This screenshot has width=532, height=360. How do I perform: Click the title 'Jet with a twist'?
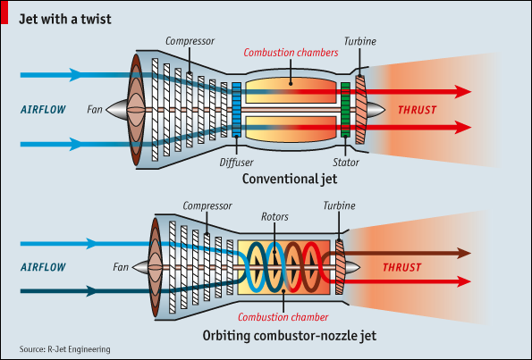click(64, 19)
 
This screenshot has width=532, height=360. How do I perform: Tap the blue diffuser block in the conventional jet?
click(236, 110)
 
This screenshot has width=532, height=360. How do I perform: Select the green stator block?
click(345, 110)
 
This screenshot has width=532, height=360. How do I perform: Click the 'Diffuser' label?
click(236, 163)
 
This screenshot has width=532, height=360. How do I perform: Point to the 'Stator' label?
click(345, 163)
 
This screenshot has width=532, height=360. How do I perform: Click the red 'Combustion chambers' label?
click(291, 53)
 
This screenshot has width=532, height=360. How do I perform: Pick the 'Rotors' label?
click(274, 217)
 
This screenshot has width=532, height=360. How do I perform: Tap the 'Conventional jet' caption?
click(290, 179)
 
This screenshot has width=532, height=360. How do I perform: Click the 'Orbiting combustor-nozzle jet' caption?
click(290, 336)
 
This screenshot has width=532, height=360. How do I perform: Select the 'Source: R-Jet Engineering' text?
click(64, 349)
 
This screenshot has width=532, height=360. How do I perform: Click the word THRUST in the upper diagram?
click(417, 110)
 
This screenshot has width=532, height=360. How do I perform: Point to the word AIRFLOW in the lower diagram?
click(43, 267)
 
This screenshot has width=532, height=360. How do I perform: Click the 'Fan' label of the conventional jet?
click(94, 110)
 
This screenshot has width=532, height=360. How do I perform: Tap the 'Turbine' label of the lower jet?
click(339, 205)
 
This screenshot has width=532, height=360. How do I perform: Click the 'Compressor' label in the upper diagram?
click(190, 41)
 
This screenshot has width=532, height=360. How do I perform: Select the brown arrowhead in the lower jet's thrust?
click(464, 253)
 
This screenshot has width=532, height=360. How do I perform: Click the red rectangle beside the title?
click(4, 13)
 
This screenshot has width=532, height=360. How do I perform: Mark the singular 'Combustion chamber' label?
click(283, 317)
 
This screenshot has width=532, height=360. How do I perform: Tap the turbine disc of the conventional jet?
click(360, 110)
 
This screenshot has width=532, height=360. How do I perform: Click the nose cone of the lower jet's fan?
click(140, 267)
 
